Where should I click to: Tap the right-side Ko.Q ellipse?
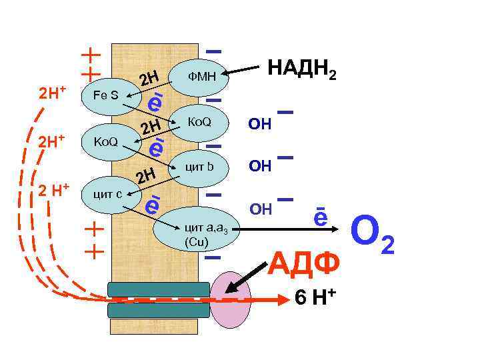(199, 122)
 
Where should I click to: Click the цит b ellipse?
(199, 167)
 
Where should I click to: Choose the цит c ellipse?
(107, 193)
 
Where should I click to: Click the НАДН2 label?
(301, 69)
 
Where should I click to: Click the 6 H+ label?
(314, 299)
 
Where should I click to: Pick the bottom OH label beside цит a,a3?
(260, 210)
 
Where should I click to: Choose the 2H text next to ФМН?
(149, 80)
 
